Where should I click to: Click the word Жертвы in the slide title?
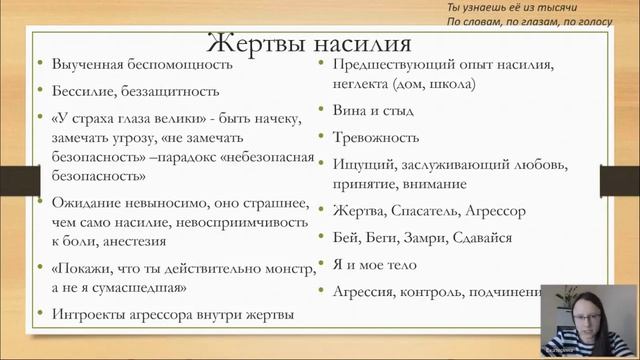pyautogui.click(x=254, y=45)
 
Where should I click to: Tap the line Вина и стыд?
pyautogui.click(x=369, y=111)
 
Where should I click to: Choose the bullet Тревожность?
pyautogui.click(x=377, y=137)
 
